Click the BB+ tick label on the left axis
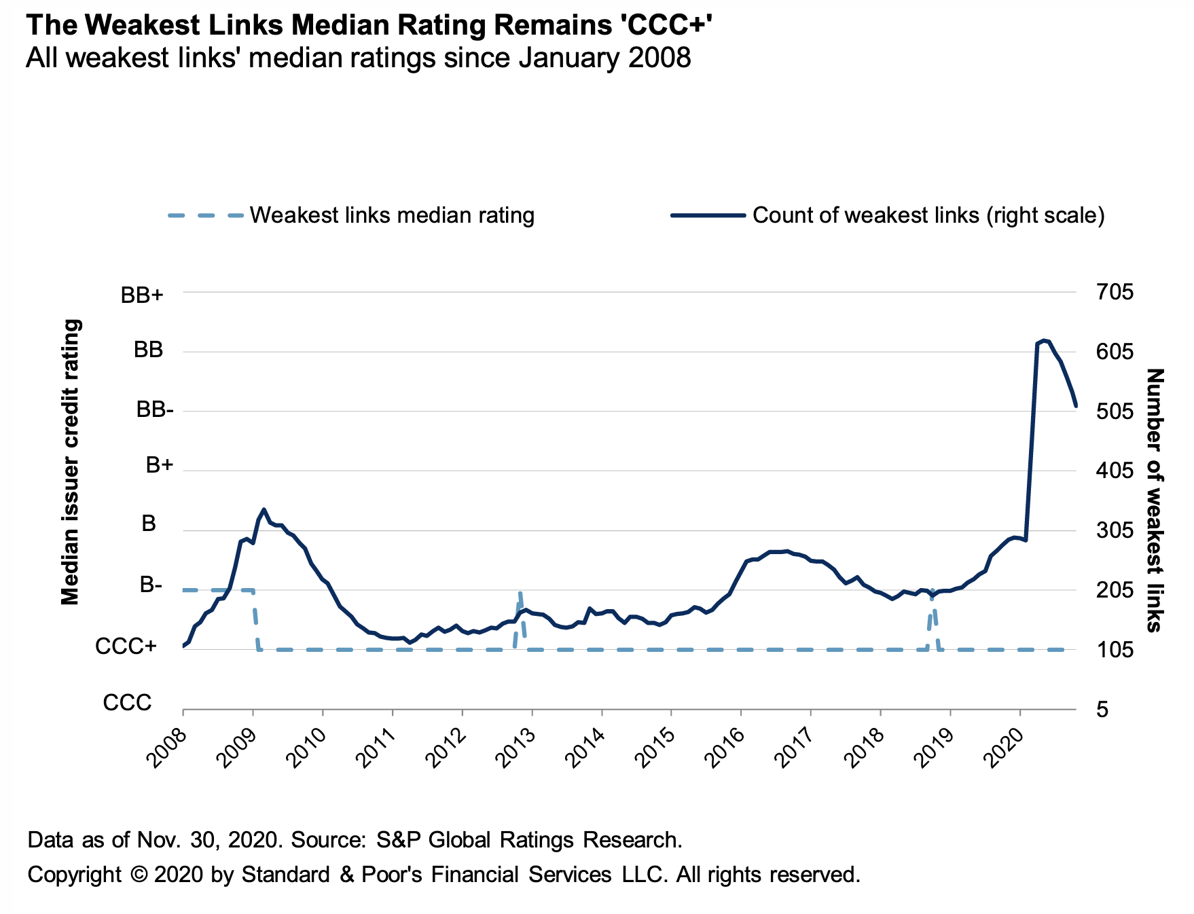pyautogui.click(x=142, y=295)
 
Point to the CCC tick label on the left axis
pyautogui.click(x=127, y=703)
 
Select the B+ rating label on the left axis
pyautogui.click(x=160, y=466)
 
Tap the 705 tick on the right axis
pyautogui.click(x=1115, y=293)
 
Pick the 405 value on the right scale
pyautogui.click(x=1115, y=471)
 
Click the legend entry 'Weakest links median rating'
pyautogui.click(x=392, y=216)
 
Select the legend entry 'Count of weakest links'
pyautogui.click(x=928, y=216)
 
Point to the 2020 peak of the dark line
pyautogui.click(x=1044, y=340)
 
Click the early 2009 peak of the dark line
pyautogui.click(x=264, y=509)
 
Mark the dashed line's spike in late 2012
pyautogui.click(x=520, y=593)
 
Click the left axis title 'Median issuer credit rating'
pyautogui.click(x=71, y=462)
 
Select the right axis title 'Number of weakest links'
pyautogui.click(x=1155, y=500)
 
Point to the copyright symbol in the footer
pyautogui.click(x=139, y=874)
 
